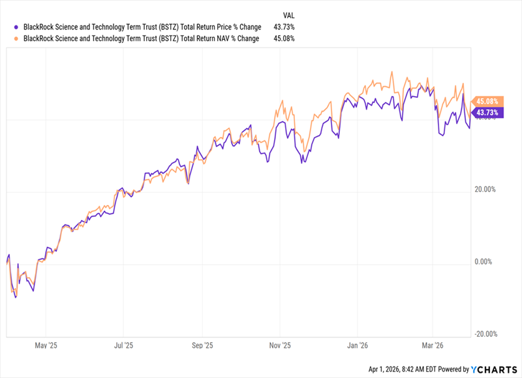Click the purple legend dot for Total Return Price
tap(17, 27)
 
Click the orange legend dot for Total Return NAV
tap(17, 39)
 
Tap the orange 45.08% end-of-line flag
tap(488, 101)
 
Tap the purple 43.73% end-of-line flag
tap(488, 112)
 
